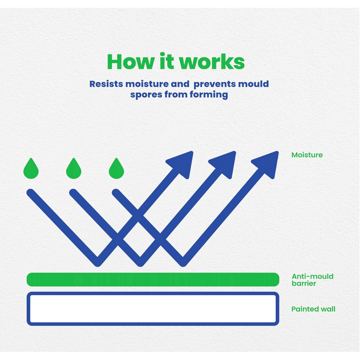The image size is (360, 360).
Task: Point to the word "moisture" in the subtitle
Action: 147,84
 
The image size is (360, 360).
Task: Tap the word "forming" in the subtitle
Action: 209,95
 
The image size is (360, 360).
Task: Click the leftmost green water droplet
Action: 31,169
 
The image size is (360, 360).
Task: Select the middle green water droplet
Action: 74,169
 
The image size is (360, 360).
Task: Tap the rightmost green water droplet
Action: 116,169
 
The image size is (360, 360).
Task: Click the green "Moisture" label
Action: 307,155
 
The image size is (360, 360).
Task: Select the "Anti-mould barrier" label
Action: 313,280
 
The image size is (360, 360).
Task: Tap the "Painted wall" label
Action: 313,309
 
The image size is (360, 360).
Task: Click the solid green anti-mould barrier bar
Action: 153,279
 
